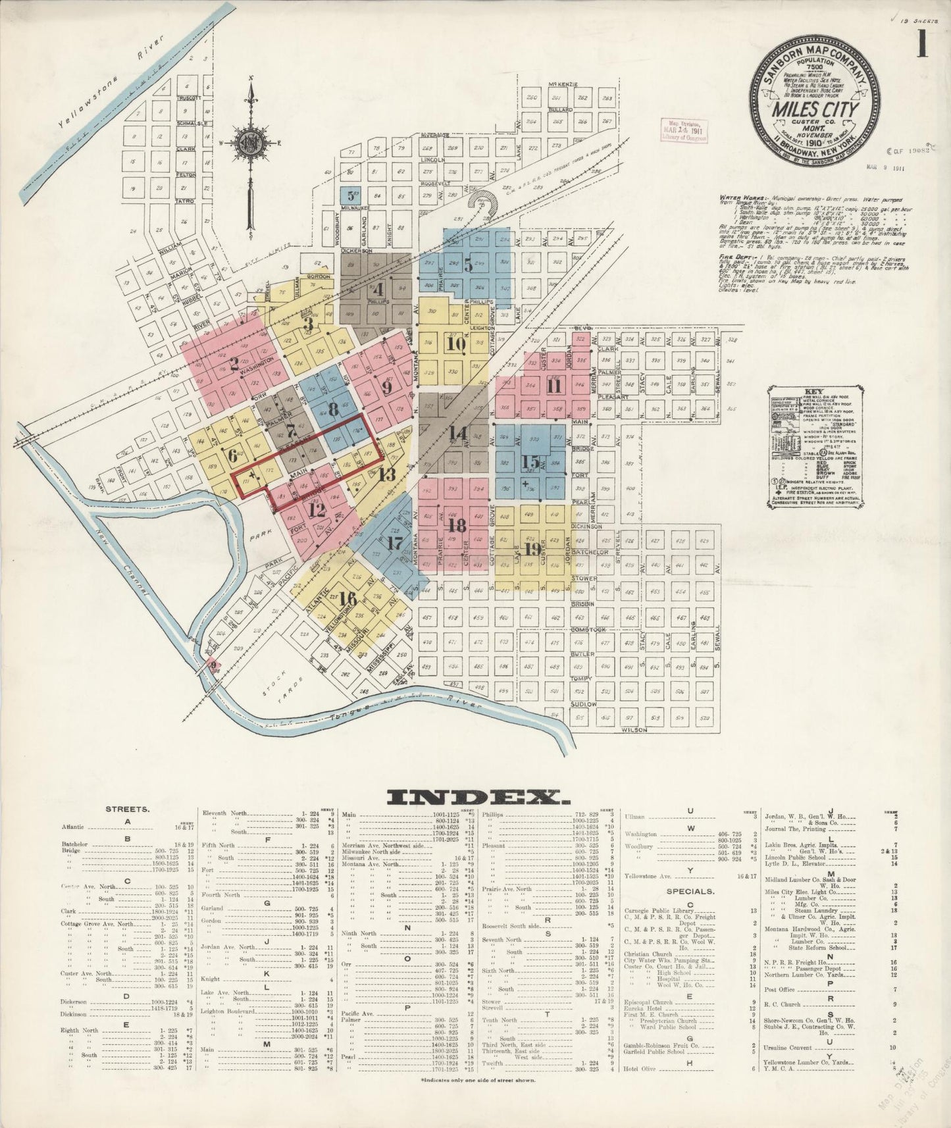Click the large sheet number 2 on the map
point(234,364)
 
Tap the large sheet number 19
point(532,548)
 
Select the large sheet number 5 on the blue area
point(468,265)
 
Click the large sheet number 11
point(553,386)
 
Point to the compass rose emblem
point(251,143)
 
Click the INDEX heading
point(477,798)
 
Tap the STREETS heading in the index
point(127,809)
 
